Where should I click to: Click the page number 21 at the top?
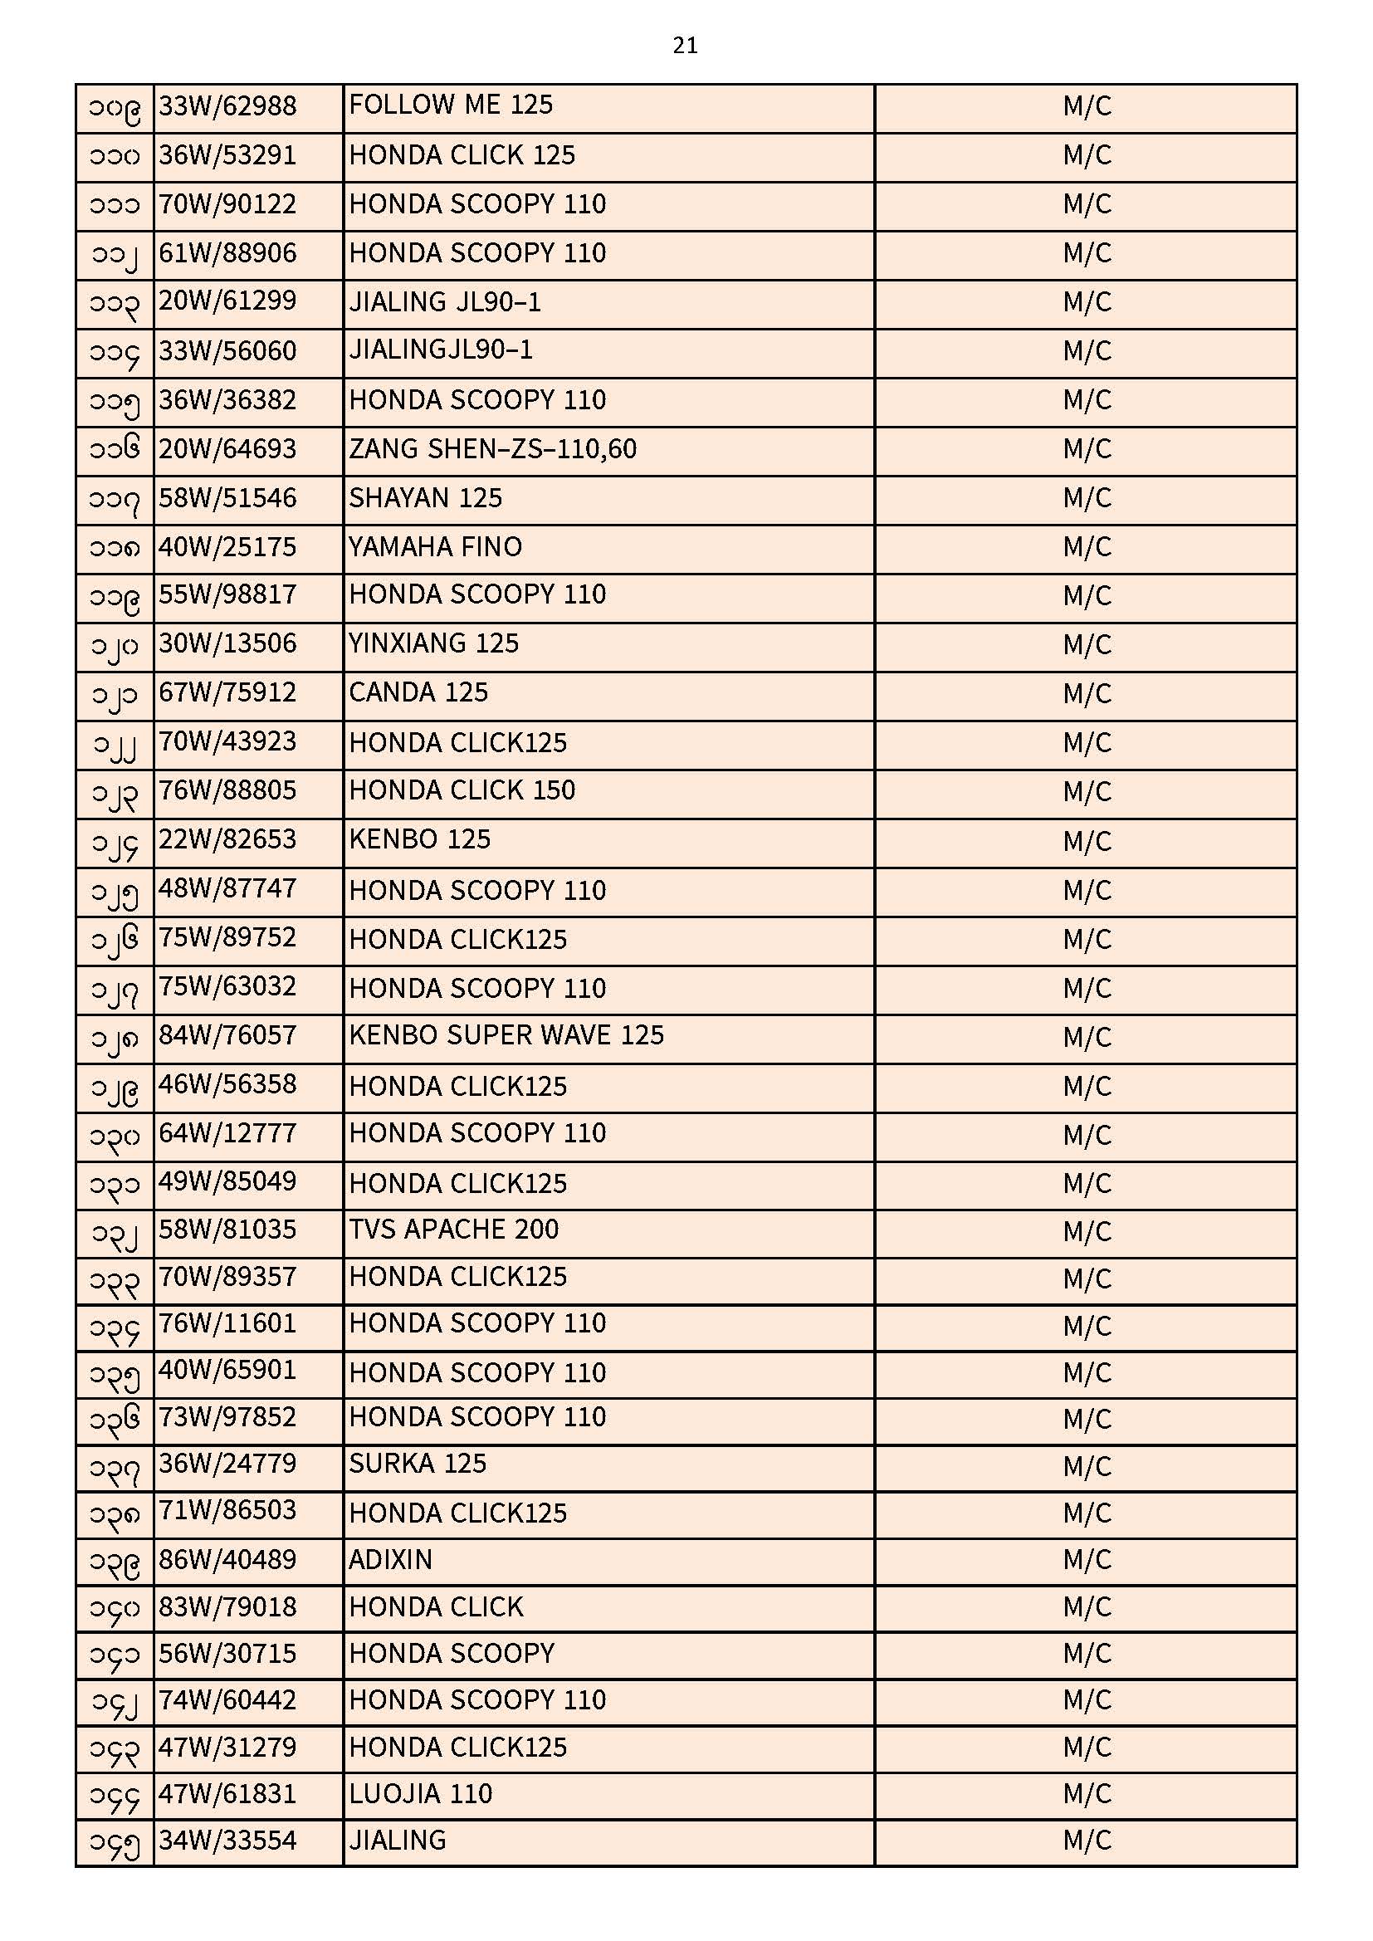(x=685, y=46)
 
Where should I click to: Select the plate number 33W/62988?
(x=227, y=106)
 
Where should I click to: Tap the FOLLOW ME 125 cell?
(x=451, y=105)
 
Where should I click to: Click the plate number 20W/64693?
(x=227, y=449)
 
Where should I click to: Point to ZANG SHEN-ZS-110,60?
(x=492, y=449)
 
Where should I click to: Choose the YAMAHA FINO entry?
(x=436, y=547)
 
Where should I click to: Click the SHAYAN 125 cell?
(x=425, y=498)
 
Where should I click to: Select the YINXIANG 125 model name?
(x=433, y=644)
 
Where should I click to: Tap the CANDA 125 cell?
(x=418, y=693)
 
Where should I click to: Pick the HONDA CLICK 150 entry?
(x=462, y=790)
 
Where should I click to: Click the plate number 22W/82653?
(x=227, y=839)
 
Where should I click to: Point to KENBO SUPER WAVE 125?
(x=506, y=1035)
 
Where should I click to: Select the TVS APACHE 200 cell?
(x=454, y=1230)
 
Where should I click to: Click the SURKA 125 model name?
(x=418, y=1464)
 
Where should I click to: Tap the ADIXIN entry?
(x=391, y=1560)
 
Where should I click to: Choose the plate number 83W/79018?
(x=227, y=1607)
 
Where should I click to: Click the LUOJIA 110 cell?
(x=420, y=1794)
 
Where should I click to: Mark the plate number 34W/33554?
(x=227, y=1841)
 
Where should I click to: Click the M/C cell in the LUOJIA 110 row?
(x=1087, y=1794)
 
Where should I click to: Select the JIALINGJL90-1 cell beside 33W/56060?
(x=441, y=351)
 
